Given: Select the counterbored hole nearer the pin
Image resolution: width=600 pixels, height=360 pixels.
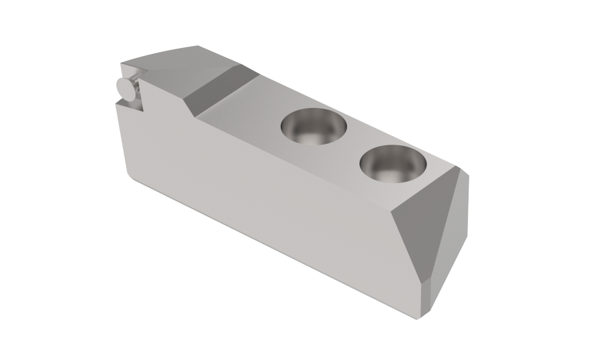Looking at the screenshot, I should pos(314,127).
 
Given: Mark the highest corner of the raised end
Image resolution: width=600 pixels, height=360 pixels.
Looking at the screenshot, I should pos(198,45).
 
